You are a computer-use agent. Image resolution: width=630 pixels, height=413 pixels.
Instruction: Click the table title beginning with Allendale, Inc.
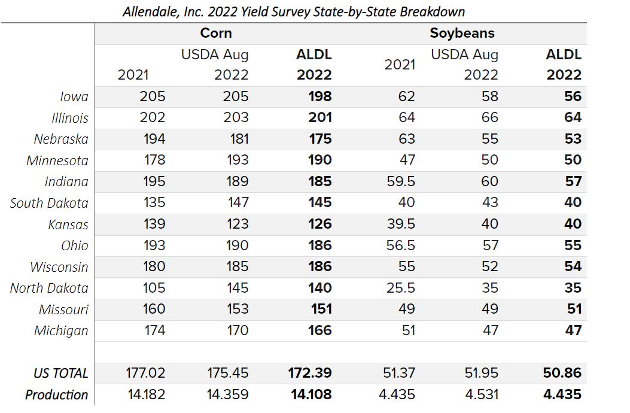293,11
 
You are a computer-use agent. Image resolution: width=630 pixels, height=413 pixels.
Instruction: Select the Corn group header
216,33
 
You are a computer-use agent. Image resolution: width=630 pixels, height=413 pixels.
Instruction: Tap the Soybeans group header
462,33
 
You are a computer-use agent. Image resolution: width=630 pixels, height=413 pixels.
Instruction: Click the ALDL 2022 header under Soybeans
564,65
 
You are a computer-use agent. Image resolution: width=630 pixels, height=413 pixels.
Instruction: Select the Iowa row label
74,96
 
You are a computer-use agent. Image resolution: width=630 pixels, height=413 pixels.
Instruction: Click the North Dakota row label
49,288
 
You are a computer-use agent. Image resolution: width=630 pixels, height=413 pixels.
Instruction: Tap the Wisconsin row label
59,267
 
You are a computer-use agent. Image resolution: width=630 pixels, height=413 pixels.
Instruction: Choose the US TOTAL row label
60,373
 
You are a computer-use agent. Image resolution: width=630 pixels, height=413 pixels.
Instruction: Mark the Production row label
56,395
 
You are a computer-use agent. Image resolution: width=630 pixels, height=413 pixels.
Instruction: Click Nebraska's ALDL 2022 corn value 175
320,139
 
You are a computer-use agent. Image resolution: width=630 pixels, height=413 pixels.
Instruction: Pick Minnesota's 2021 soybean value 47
406,160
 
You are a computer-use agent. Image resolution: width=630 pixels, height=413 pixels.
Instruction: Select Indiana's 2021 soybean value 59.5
401,181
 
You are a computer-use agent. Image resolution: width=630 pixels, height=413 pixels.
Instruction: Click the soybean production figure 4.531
481,395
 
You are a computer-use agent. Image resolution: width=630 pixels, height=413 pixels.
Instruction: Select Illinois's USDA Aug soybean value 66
489,118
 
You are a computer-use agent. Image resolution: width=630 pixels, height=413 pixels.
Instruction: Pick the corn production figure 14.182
145,395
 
